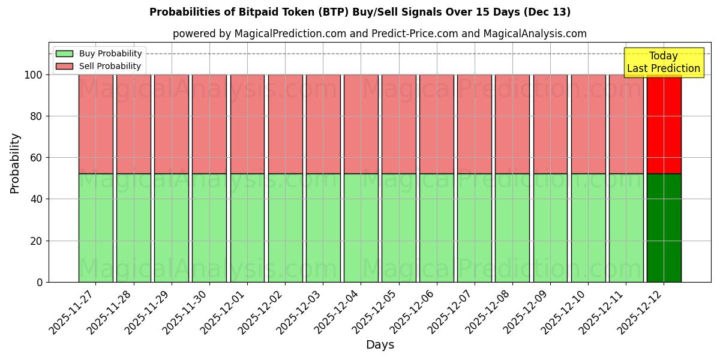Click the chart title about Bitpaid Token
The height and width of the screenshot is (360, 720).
[x=360, y=12]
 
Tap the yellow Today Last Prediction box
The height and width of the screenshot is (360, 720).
[x=663, y=62]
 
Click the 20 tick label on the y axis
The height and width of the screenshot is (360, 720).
[x=37, y=241]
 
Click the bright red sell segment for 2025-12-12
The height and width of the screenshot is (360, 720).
[x=664, y=124]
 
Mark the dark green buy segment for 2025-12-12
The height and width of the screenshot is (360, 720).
[x=664, y=228]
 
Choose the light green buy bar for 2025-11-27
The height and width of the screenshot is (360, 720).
[x=95, y=228]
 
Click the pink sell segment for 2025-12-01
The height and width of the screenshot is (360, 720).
[x=247, y=124]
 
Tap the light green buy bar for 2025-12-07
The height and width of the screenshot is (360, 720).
[x=474, y=228]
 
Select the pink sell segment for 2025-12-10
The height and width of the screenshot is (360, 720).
[x=588, y=124]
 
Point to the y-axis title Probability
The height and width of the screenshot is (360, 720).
[x=15, y=163]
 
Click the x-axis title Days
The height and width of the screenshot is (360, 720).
[x=380, y=344]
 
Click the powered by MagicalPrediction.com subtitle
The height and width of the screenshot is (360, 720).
[x=380, y=34]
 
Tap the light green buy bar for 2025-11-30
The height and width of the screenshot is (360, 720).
[x=209, y=228]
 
